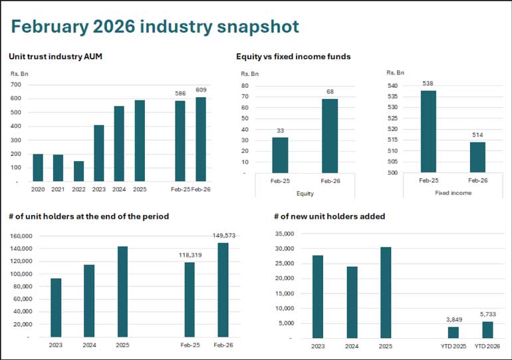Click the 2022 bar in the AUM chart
tap(78, 171)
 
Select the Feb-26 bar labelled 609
tap(200, 139)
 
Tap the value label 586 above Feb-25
tap(180, 93)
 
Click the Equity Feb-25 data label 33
tap(280, 130)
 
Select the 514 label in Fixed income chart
tap(478, 134)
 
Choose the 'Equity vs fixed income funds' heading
tap(293, 57)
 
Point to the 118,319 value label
tap(190, 255)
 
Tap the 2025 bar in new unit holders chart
tap(385, 292)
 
